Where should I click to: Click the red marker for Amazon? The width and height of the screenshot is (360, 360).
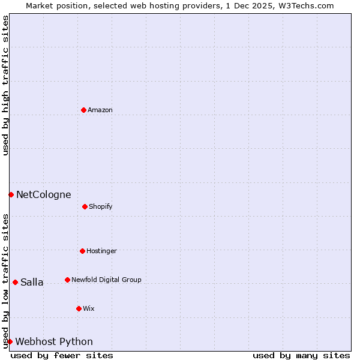click(x=83, y=110)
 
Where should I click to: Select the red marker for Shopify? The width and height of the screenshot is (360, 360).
click(x=85, y=206)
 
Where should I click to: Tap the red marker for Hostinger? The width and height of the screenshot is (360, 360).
click(x=82, y=251)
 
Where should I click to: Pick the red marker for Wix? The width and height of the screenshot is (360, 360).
click(x=79, y=308)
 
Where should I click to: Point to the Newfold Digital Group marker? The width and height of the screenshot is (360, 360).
click(x=67, y=280)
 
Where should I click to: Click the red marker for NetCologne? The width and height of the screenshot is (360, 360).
click(x=11, y=194)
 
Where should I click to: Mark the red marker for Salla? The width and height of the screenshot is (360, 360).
click(x=15, y=282)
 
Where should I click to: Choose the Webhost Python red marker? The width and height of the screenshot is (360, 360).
click(x=10, y=341)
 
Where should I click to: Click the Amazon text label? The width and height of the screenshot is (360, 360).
click(x=100, y=110)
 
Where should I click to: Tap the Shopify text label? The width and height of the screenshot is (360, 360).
click(x=101, y=206)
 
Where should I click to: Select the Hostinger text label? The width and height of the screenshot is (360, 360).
click(x=101, y=251)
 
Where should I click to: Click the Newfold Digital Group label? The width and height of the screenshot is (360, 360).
click(x=106, y=280)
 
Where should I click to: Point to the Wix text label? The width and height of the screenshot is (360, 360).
click(x=89, y=308)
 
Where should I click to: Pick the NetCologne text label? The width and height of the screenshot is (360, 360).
click(x=43, y=194)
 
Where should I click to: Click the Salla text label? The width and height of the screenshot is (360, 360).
click(x=32, y=282)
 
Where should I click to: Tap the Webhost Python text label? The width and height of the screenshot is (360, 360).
click(x=54, y=341)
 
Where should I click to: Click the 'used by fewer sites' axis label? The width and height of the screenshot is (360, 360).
click(x=62, y=355)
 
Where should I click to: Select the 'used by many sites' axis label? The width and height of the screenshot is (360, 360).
click(x=301, y=355)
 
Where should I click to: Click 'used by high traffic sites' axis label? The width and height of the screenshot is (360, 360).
click(x=5, y=85)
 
